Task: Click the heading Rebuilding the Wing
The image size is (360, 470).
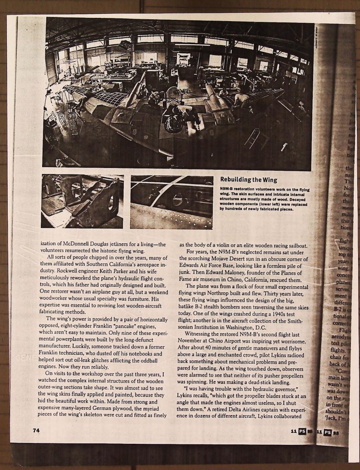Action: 249,179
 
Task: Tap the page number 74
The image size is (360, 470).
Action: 36,430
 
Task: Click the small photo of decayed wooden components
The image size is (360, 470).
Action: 82,201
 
